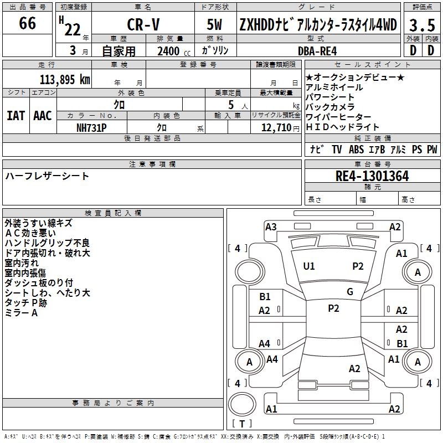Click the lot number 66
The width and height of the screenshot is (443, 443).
point(27,24)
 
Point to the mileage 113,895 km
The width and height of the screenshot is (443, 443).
point(64,80)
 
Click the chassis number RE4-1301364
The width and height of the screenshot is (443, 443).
point(372,177)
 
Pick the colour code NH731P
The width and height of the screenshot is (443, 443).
point(91,127)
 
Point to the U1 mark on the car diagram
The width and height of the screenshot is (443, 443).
point(309,266)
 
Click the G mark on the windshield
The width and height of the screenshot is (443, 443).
point(350,292)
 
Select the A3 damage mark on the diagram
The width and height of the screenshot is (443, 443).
point(271,226)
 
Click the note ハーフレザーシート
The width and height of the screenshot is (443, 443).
point(47,176)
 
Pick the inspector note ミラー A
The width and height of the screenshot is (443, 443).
point(21,313)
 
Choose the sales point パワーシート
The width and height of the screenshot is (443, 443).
point(329,97)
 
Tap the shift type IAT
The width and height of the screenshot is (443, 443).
point(16,116)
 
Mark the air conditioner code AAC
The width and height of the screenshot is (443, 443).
point(42,116)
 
